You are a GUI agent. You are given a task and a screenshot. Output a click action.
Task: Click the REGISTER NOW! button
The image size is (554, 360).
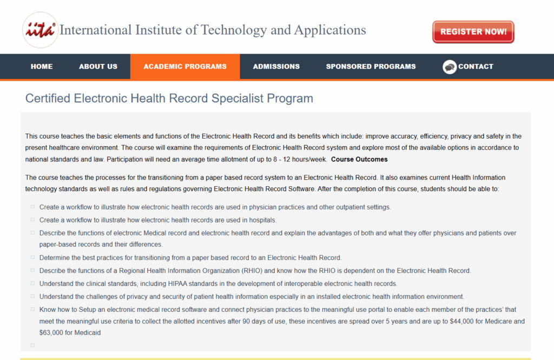point(473,32)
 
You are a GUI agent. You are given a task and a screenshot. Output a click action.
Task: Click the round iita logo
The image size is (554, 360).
point(40,30)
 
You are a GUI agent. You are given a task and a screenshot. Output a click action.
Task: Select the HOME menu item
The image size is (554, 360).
point(42,67)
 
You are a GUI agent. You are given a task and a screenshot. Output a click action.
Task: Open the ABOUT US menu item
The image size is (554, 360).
point(98,67)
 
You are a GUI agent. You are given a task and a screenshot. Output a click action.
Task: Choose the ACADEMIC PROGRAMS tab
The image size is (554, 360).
point(185,67)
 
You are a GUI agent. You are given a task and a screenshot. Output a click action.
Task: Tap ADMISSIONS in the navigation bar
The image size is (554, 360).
point(276,67)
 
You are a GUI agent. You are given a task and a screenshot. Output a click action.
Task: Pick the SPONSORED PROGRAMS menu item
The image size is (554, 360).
point(371,67)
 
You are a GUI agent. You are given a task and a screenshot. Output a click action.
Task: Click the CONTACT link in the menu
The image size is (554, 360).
point(476,67)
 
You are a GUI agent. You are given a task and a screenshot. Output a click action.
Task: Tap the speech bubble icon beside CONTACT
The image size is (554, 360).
point(450,67)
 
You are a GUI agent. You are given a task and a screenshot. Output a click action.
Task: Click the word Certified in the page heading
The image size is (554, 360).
point(48,99)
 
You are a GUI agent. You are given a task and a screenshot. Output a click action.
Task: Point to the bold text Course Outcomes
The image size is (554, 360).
point(359,159)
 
